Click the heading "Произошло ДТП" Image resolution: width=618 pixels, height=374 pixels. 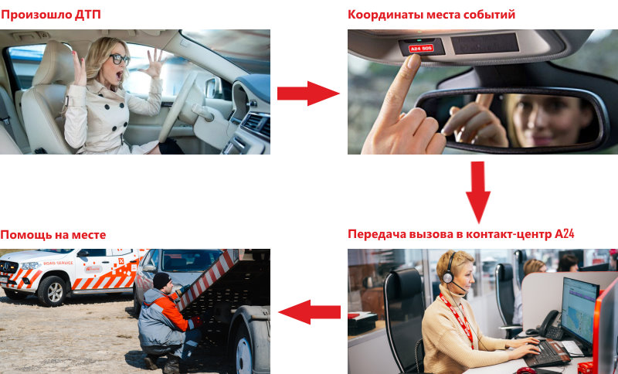coord(50,15)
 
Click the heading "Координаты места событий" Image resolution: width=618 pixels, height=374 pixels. coord(431,15)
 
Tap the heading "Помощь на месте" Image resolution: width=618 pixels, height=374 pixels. coord(53,235)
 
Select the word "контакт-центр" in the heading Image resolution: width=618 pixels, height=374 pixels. coord(509,234)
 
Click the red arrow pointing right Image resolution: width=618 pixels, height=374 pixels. coord(308,93)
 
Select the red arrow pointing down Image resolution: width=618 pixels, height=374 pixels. coord(478,192)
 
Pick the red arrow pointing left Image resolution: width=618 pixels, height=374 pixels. coord(310,312)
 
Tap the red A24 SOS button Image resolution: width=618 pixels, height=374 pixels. coord(421,48)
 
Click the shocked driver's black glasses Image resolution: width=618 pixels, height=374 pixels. coord(119,59)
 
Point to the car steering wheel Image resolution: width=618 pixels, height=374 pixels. coord(178,107)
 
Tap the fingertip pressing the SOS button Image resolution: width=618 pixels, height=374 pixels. coord(413,60)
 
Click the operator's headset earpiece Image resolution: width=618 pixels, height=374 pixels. coord(448,277)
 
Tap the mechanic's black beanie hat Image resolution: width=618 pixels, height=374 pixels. coord(161,280)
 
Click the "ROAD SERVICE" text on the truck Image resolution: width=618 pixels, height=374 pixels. coord(59,263)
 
